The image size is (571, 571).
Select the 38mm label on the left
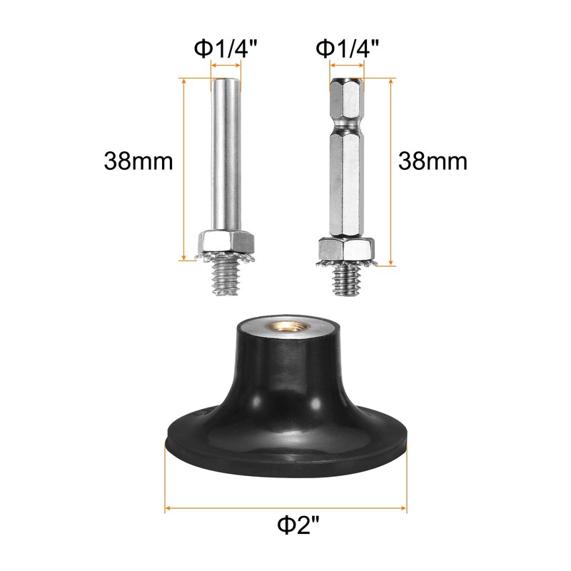tap(138, 161)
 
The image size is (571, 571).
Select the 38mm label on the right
tap(433, 161)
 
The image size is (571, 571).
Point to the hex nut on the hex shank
tap(345, 249)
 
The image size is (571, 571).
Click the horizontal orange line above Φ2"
tap(286, 510)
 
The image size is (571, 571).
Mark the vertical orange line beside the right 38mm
tap(391, 171)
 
